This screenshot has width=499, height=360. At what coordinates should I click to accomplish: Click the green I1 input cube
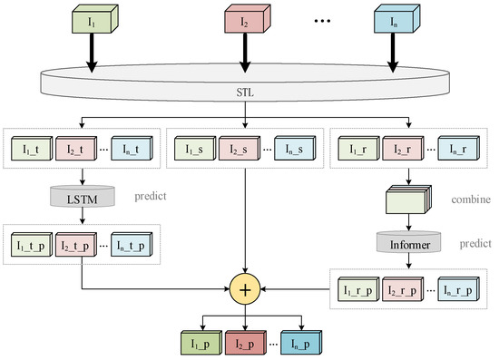[x=90, y=20]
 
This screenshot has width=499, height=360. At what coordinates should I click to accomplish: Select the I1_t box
[x=33, y=148]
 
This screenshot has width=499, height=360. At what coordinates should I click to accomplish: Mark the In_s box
[x=292, y=148]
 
